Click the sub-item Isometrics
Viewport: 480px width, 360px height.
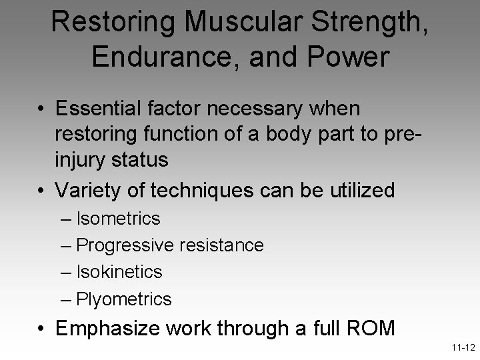tap(118, 218)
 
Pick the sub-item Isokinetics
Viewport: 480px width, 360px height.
tap(119, 272)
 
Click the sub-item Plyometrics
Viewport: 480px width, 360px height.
tap(124, 299)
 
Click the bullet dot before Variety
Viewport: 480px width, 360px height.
tap(41, 191)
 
